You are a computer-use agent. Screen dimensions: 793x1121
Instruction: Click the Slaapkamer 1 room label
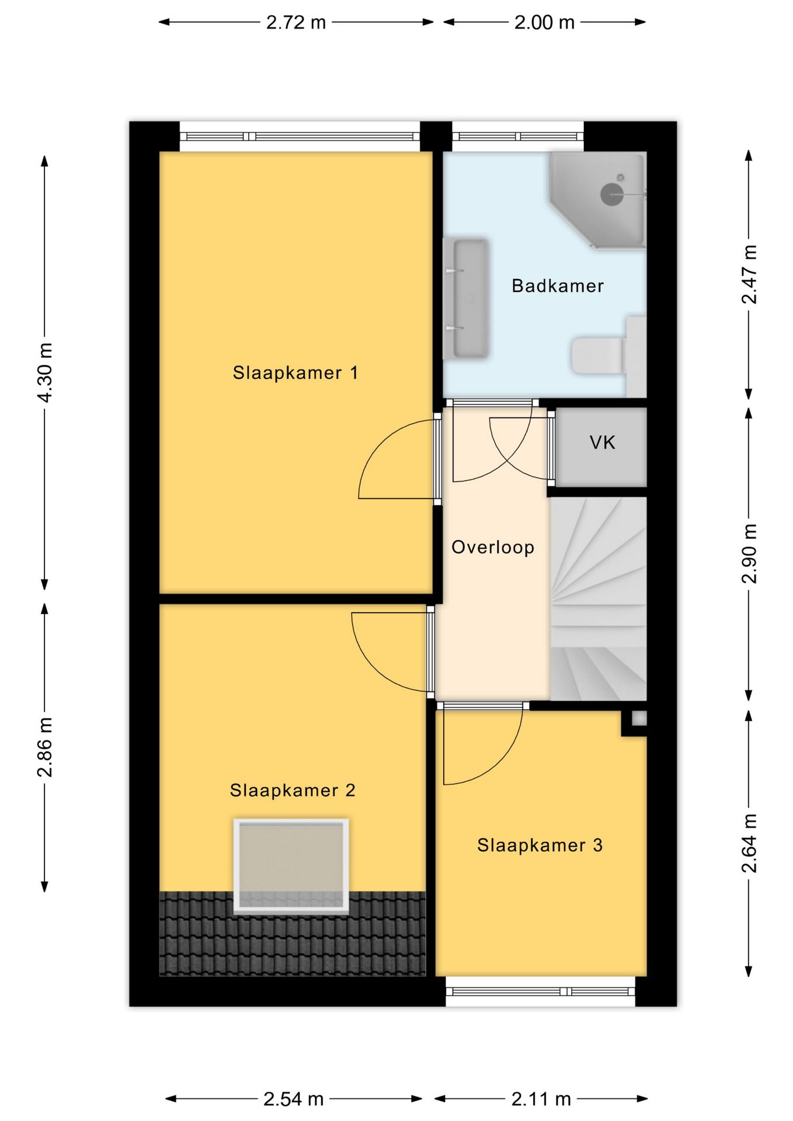pyautogui.click(x=295, y=372)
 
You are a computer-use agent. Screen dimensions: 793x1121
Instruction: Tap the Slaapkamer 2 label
pyautogui.click(x=293, y=790)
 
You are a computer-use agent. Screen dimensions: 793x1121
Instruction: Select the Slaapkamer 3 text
pyautogui.click(x=540, y=845)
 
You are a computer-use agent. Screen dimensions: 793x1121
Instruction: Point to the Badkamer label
pyautogui.click(x=558, y=286)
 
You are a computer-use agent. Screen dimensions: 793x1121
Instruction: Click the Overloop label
pyautogui.click(x=493, y=547)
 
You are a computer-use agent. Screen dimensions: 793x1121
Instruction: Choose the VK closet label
pyautogui.click(x=602, y=443)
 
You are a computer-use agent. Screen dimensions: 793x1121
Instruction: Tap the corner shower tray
pyautogui.click(x=597, y=200)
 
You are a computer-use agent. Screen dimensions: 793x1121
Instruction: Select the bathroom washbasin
pyautogui.click(x=465, y=298)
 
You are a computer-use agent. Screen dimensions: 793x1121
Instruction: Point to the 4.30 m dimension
pyautogui.click(x=45, y=372)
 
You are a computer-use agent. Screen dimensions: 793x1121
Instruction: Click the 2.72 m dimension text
pyautogui.click(x=295, y=22)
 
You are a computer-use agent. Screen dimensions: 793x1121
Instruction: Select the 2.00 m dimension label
pyautogui.click(x=544, y=22)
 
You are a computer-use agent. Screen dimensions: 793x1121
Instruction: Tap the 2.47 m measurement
pyautogui.click(x=749, y=274)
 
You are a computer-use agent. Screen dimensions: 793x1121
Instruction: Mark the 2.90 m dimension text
pyautogui.click(x=749, y=553)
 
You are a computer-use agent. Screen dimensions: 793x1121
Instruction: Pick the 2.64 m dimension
pyautogui.click(x=749, y=843)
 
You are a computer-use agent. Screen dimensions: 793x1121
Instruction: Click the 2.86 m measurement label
pyautogui.click(x=45, y=747)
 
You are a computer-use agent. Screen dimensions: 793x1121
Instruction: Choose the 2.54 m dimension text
pyautogui.click(x=294, y=1099)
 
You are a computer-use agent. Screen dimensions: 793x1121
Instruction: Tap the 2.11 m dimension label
pyautogui.click(x=541, y=1099)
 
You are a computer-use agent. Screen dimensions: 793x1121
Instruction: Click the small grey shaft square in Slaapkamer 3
pyautogui.click(x=639, y=719)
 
